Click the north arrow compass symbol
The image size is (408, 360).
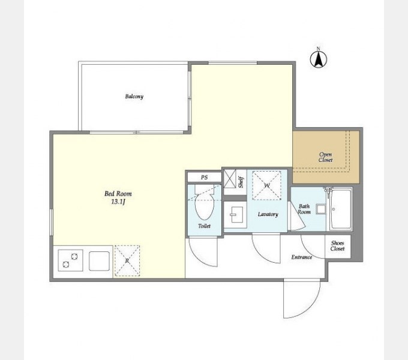(318, 59)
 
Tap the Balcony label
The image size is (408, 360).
(134, 97)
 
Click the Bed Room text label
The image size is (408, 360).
(118, 194)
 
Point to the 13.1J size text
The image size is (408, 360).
(118, 202)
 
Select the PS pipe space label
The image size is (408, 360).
(204, 178)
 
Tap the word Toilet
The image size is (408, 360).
(204, 226)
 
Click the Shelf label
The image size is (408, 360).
(241, 182)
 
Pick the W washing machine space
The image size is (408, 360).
(267, 185)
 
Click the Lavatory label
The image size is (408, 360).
(268, 214)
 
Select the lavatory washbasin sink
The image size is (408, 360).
(235, 215)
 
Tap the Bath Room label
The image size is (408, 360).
(304, 209)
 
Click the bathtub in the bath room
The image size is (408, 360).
(341, 209)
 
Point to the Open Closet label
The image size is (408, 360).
(326, 157)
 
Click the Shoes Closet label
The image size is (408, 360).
(337, 246)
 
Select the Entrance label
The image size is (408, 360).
(302, 257)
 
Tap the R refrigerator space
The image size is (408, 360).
(127, 260)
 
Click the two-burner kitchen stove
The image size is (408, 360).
(70, 260)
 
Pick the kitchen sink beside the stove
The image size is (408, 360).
(99, 261)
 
